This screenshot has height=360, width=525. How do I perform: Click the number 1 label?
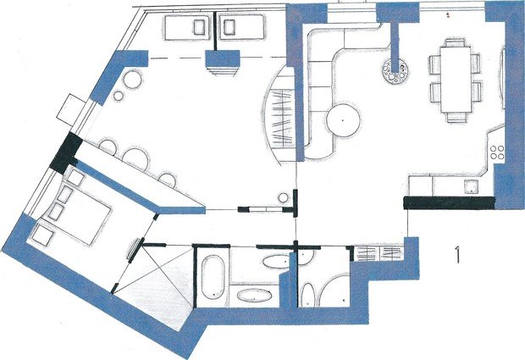point(457,254)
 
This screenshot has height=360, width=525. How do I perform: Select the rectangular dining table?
point(456,80)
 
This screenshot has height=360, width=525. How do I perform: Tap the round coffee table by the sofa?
point(343,120)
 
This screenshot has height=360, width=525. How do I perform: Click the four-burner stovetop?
point(497,152)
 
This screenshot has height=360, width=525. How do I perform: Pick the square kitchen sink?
point(472,186)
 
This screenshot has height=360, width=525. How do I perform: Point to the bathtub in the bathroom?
point(213,277)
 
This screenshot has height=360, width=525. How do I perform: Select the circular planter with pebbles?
point(395,71)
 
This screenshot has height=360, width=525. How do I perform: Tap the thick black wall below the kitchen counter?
point(449,203)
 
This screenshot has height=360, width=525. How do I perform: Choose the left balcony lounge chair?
point(187,27)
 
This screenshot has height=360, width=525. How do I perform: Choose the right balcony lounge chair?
point(242,27)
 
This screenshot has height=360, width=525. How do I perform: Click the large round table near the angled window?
point(133,80)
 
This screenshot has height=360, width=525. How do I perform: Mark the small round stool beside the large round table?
point(119,96)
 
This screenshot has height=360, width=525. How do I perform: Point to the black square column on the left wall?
point(66,153)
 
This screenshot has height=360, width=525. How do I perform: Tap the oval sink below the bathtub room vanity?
point(255,295)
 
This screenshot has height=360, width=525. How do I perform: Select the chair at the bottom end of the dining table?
point(456,117)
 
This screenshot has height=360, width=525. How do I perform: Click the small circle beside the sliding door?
point(284,198)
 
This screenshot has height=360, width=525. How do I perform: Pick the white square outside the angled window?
point(71,109)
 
